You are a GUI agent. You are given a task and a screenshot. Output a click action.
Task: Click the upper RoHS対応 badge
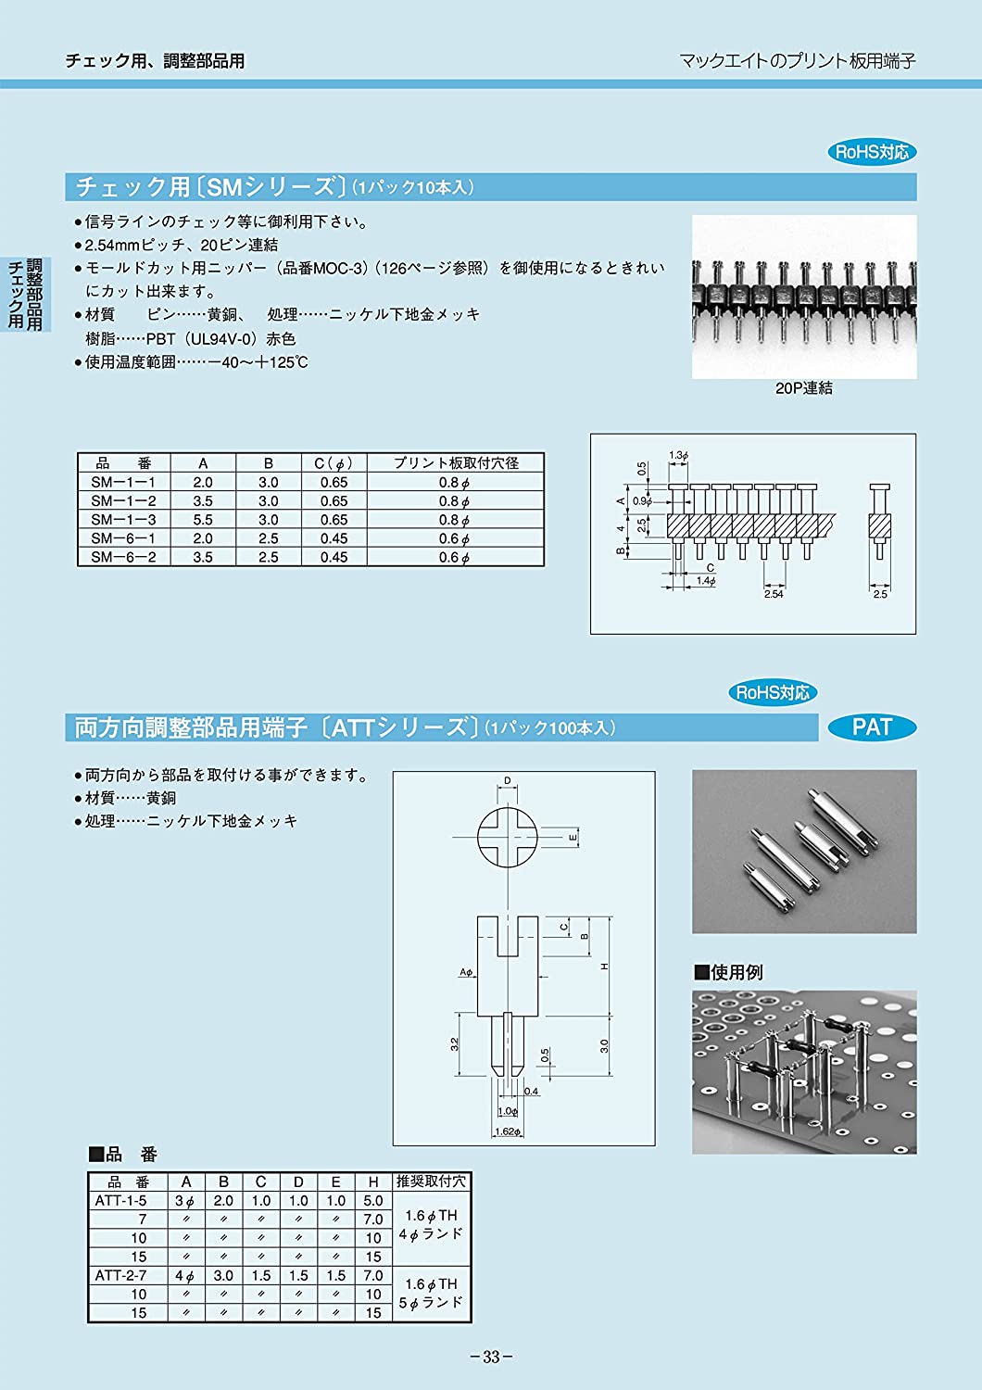pos(871,152)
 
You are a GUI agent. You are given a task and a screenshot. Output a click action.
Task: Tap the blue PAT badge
pos(871,727)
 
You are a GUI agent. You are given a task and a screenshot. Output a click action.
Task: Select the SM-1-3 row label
pos(123,520)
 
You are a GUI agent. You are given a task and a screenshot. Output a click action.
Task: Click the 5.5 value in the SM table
pos(203,520)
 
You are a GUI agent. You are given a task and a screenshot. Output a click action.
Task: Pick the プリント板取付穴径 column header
pos(456,463)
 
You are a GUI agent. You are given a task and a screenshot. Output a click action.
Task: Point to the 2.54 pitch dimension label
pos(774,594)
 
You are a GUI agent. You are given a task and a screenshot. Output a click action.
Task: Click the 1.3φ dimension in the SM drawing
pos(678,455)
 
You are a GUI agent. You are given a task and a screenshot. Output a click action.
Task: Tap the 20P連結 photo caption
pos(803,388)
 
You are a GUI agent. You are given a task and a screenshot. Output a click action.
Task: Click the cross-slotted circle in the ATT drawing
pos(508,838)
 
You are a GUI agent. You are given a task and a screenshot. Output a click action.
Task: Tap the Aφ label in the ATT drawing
pos(466,972)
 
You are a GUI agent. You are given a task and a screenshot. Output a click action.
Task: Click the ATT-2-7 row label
pos(120,1275)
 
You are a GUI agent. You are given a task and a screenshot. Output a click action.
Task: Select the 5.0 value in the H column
pos(372,1200)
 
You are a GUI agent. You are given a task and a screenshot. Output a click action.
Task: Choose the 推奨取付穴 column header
pos(431,1181)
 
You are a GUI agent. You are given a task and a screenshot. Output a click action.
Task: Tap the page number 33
pos(491,1358)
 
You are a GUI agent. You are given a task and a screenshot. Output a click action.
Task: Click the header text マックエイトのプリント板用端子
pos(797,61)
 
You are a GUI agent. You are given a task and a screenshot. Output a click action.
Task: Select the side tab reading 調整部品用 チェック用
pos(26,294)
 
